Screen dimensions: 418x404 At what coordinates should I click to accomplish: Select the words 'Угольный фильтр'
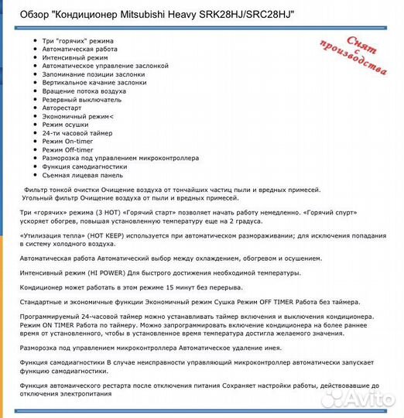click(x=48, y=198)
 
